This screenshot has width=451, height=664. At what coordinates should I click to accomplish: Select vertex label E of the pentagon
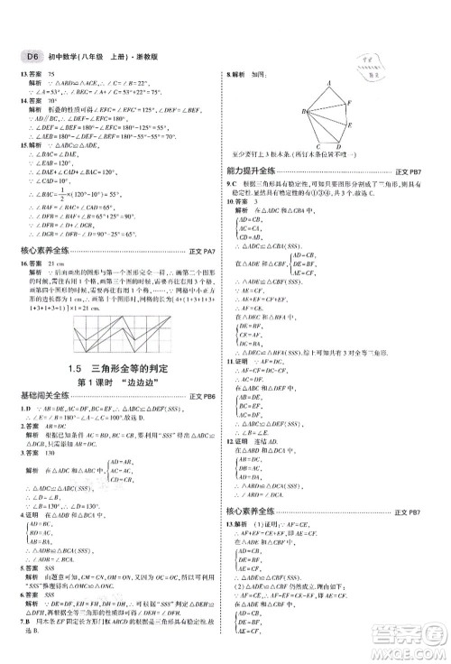pyautogui.click(x=352, y=129)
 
